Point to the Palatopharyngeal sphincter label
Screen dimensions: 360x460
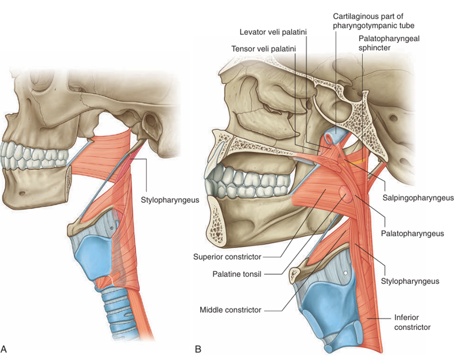(389, 43)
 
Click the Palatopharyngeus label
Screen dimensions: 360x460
(412, 233)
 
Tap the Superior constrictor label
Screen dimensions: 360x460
(227, 257)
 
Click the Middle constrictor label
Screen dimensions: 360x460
(230, 310)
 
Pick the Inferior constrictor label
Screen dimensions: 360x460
(413, 322)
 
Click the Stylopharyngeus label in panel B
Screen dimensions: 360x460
(410, 281)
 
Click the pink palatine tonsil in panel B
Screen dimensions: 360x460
(345, 193)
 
